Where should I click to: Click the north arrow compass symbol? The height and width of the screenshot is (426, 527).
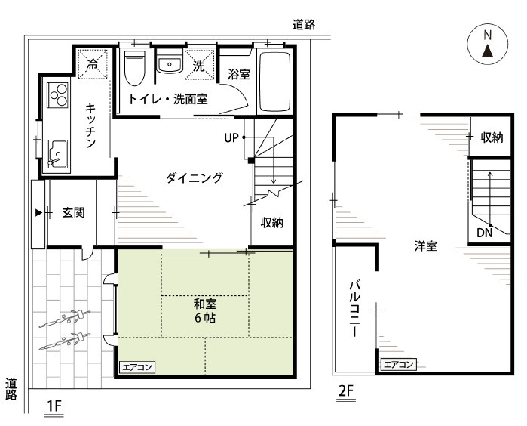pyautogui.click(x=487, y=44)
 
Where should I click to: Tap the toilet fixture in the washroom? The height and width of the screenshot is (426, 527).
pyautogui.click(x=134, y=68)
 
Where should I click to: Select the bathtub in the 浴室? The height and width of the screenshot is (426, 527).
pyautogui.click(x=275, y=82)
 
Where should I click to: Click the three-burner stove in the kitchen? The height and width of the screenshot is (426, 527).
pyautogui.click(x=58, y=94)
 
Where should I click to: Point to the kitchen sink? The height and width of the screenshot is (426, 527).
pyautogui.click(x=58, y=153)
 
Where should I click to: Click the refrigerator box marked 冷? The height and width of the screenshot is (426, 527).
pyautogui.click(x=93, y=64)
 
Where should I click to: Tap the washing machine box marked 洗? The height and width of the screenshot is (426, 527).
pyautogui.click(x=199, y=65)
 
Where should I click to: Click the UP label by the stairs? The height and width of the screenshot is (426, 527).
pyautogui.click(x=231, y=137)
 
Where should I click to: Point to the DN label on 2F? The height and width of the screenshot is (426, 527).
pyautogui.click(x=484, y=233)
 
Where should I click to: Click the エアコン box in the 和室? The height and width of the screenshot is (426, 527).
pyautogui.click(x=137, y=367)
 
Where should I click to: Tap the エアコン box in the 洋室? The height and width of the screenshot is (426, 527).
pyautogui.click(x=399, y=364)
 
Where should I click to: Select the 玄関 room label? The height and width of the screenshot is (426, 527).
pyautogui.click(x=73, y=213)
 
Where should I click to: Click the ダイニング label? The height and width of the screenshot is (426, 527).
pyautogui.click(x=195, y=177)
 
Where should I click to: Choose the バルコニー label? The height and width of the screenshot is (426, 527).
pyautogui.click(x=355, y=309)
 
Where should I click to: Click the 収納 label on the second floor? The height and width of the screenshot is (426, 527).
pyautogui.click(x=492, y=137)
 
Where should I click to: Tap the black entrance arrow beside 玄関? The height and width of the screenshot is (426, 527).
pyautogui.click(x=39, y=213)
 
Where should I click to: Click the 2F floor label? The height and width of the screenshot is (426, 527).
pyautogui.click(x=346, y=391)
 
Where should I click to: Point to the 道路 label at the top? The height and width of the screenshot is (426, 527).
pyautogui.click(x=304, y=25)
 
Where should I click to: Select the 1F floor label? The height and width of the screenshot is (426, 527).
pyautogui.click(x=54, y=406)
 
